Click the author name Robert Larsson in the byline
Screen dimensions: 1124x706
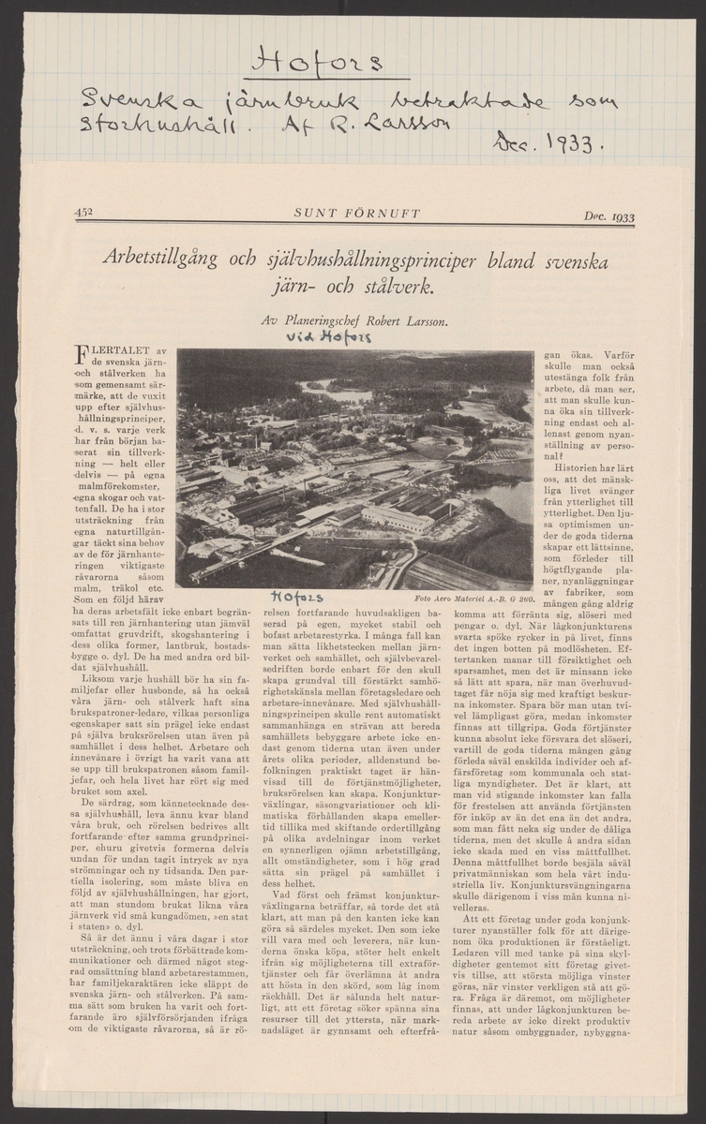point(403,321)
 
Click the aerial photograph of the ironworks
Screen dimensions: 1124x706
point(354,468)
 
